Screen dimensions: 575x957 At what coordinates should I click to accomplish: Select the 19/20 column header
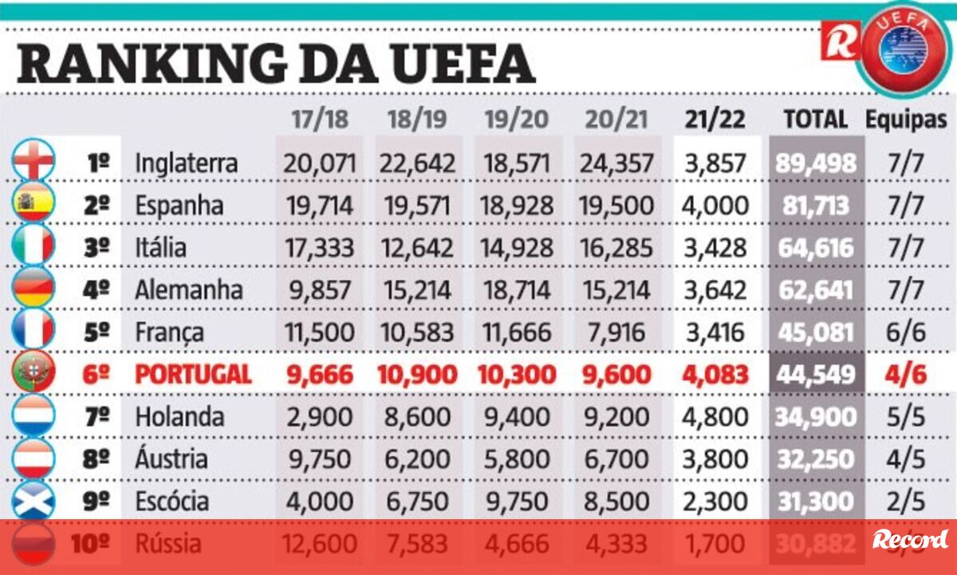tap(516, 120)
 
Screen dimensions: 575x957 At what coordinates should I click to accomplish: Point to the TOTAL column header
tap(815, 120)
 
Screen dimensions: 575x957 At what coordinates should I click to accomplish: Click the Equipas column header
tap(906, 120)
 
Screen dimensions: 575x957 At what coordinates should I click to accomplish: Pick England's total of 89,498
tap(815, 163)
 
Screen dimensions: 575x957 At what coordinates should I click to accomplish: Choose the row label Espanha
tap(179, 206)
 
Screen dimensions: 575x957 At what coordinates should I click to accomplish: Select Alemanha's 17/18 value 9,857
tap(319, 290)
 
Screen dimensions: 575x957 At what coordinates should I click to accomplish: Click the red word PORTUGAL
tap(193, 375)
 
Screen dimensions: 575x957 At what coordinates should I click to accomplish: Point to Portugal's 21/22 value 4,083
tap(715, 375)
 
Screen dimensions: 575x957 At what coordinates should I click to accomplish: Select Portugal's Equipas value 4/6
tap(906, 375)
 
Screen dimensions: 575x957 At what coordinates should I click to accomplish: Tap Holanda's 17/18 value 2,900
tap(319, 417)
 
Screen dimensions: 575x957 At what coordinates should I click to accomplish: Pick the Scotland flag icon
tap(34, 500)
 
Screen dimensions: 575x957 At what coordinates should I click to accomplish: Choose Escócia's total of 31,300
tap(815, 502)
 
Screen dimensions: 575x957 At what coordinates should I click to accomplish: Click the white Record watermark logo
tap(910, 540)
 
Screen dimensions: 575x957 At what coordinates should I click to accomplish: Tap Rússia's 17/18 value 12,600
tap(319, 545)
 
